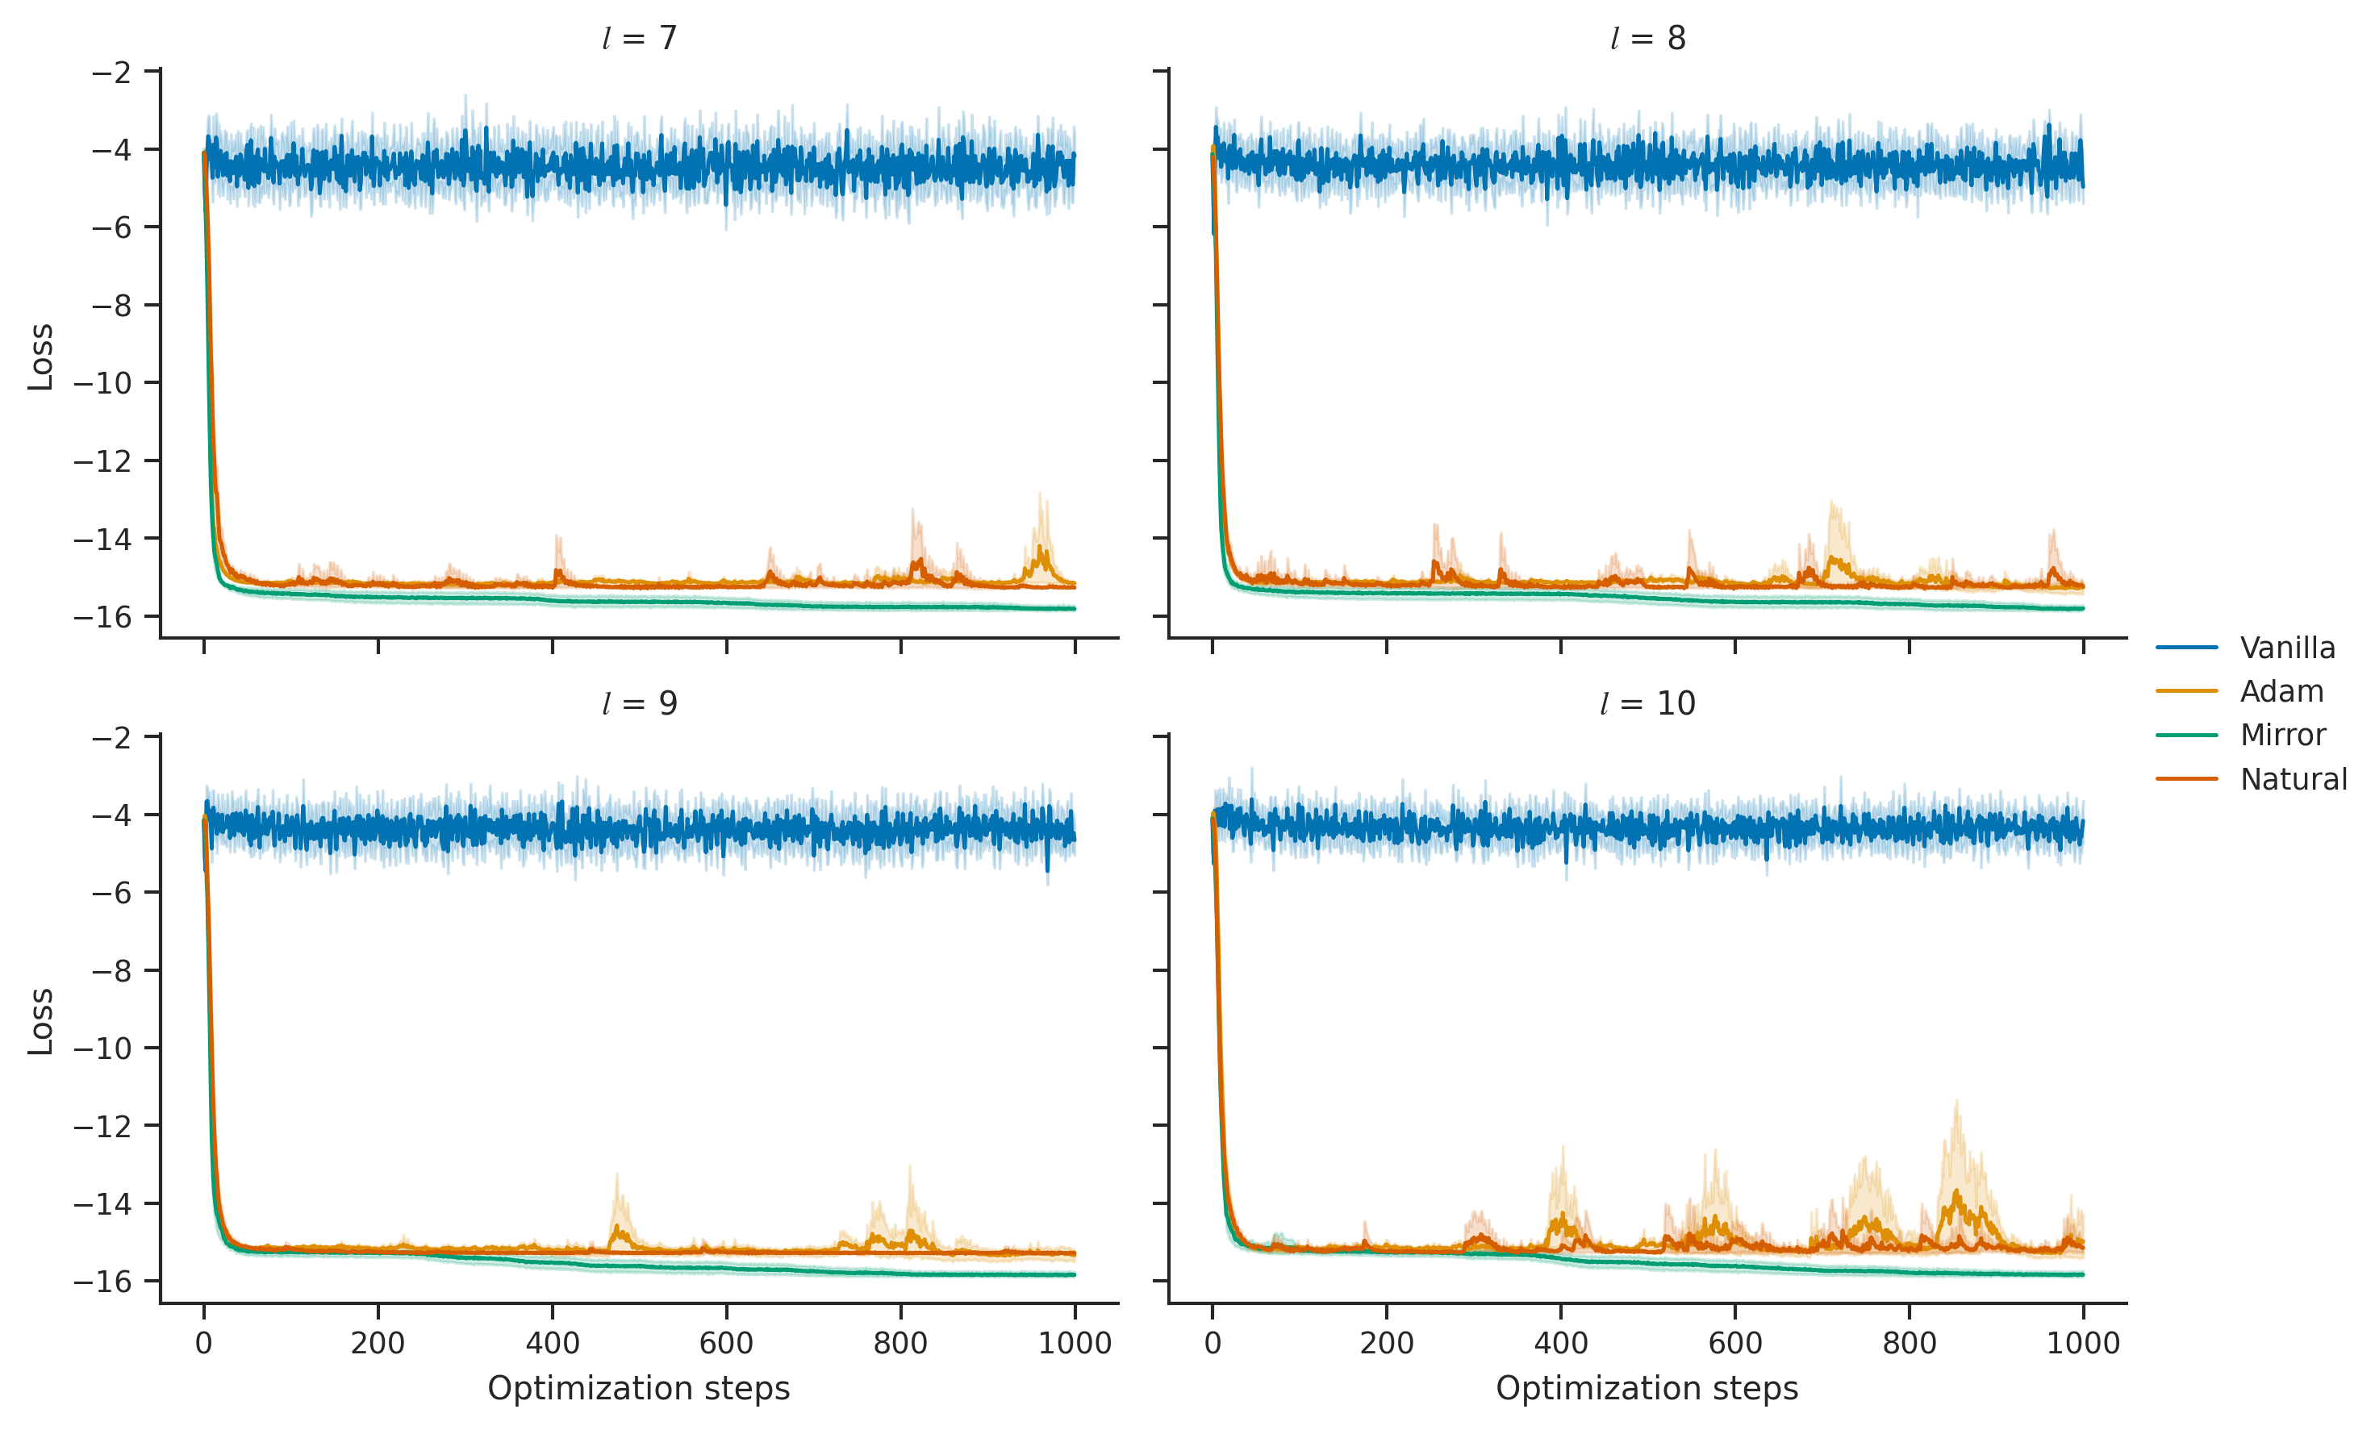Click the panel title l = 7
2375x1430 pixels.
(639, 39)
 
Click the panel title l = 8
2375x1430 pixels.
(1648, 39)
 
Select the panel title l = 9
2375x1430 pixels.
(639, 703)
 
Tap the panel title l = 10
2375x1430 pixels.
(1648, 703)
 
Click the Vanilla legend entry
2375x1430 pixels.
(2247, 648)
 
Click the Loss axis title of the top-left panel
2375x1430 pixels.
(40, 356)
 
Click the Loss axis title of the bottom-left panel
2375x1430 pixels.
(40, 1021)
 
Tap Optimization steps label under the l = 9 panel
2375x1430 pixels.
(639, 1389)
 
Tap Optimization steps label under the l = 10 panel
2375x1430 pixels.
(1647, 1389)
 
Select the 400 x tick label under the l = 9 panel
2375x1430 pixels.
(553, 1343)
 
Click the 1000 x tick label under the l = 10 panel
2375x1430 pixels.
(2083, 1343)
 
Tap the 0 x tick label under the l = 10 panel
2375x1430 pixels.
(1213, 1343)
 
